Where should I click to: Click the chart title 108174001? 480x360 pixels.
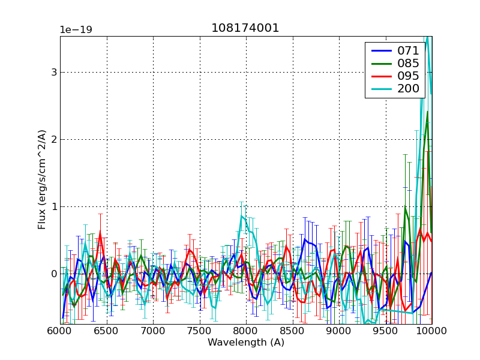click(x=245, y=28)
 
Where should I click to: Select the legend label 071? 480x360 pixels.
click(x=408, y=50)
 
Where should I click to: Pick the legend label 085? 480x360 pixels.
click(x=408, y=63)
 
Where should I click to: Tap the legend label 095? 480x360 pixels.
click(x=408, y=76)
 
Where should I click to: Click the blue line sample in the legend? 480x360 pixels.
click(x=380, y=51)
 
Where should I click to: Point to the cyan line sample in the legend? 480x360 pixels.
click(x=380, y=89)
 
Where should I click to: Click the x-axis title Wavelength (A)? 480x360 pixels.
click(x=245, y=343)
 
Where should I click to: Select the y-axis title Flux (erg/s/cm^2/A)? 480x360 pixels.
click(x=42, y=181)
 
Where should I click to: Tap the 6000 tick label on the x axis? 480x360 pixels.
click(x=60, y=331)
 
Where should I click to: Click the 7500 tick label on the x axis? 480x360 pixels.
click(x=199, y=331)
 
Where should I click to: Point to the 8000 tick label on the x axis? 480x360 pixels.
click(x=246, y=331)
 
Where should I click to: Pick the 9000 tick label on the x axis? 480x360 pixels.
click(x=338, y=331)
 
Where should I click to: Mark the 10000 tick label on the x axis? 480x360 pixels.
click(x=431, y=331)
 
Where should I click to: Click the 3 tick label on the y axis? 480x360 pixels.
click(x=54, y=73)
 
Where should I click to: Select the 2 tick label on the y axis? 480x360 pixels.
click(x=54, y=140)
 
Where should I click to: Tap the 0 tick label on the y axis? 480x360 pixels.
click(x=54, y=274)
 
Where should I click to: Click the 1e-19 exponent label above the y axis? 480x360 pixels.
click(x=76, y=29)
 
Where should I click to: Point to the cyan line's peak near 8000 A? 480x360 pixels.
click(x=241, y=216)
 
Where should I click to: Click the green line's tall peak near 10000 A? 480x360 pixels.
click(x=427, y=112)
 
